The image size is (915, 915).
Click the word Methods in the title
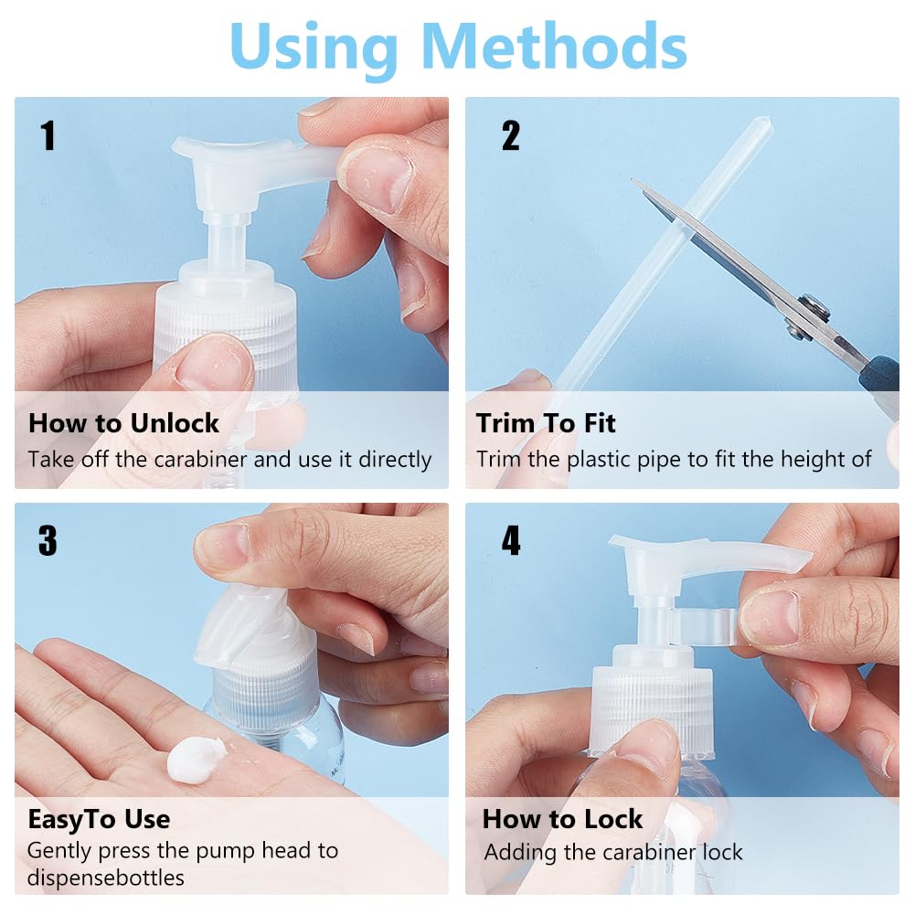(x=553, y=47)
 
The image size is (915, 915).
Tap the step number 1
(x=48, y=135)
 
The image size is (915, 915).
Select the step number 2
(x=511, y=135)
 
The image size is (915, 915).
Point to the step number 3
(x=48, y=540)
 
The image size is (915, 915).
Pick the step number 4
(x=511, y=540)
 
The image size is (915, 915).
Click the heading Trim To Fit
(x=546, y=423)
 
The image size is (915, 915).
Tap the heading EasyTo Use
(x=99, y=819)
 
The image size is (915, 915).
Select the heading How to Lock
(x=562, y=819)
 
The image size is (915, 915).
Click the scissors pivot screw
(x=814, y=307)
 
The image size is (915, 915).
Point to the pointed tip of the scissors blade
(x=633, y=180)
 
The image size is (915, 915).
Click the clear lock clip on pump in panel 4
(x=705, y=627)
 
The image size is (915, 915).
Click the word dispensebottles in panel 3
(x=106, y=878)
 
